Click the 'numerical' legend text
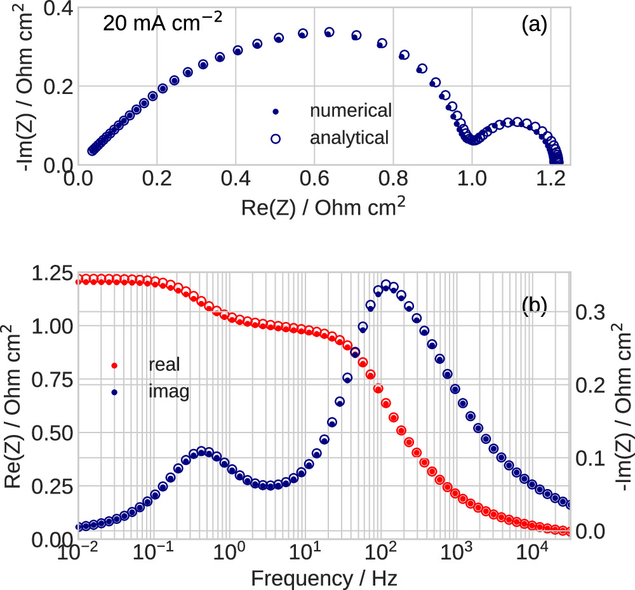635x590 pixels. [x=351, y=111]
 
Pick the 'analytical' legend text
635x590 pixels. [x=349, y=137]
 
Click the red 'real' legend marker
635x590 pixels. [x=114, y=365]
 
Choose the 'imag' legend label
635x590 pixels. [x=168, y=392]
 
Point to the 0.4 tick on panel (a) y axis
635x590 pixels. [x=56, y=8]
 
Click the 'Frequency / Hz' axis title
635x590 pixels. [x=324, y=579]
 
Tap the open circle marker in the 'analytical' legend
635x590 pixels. [x=275, y=137]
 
